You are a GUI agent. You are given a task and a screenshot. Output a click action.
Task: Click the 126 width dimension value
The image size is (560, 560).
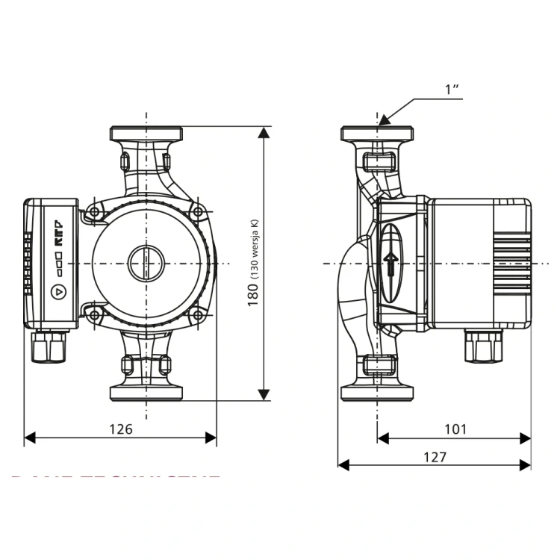point(121,429)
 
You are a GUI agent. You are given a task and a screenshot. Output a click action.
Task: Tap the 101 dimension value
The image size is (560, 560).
point(455,429)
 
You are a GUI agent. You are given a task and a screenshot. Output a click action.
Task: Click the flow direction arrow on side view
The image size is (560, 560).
point(390,263)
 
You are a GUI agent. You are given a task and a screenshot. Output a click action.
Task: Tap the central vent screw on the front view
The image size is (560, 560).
point(146,264)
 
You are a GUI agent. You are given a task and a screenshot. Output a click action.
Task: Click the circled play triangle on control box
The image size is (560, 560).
point(58,292)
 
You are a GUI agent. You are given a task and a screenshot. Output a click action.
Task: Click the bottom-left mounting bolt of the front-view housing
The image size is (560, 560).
point(95,316)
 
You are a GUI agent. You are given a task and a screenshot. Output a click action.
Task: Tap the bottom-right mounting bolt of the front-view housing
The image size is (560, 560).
point(198,316)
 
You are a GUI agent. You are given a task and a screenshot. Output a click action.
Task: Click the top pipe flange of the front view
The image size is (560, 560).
point(146,135)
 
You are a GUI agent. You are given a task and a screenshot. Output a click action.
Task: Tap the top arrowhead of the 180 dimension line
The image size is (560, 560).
point(264,134)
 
